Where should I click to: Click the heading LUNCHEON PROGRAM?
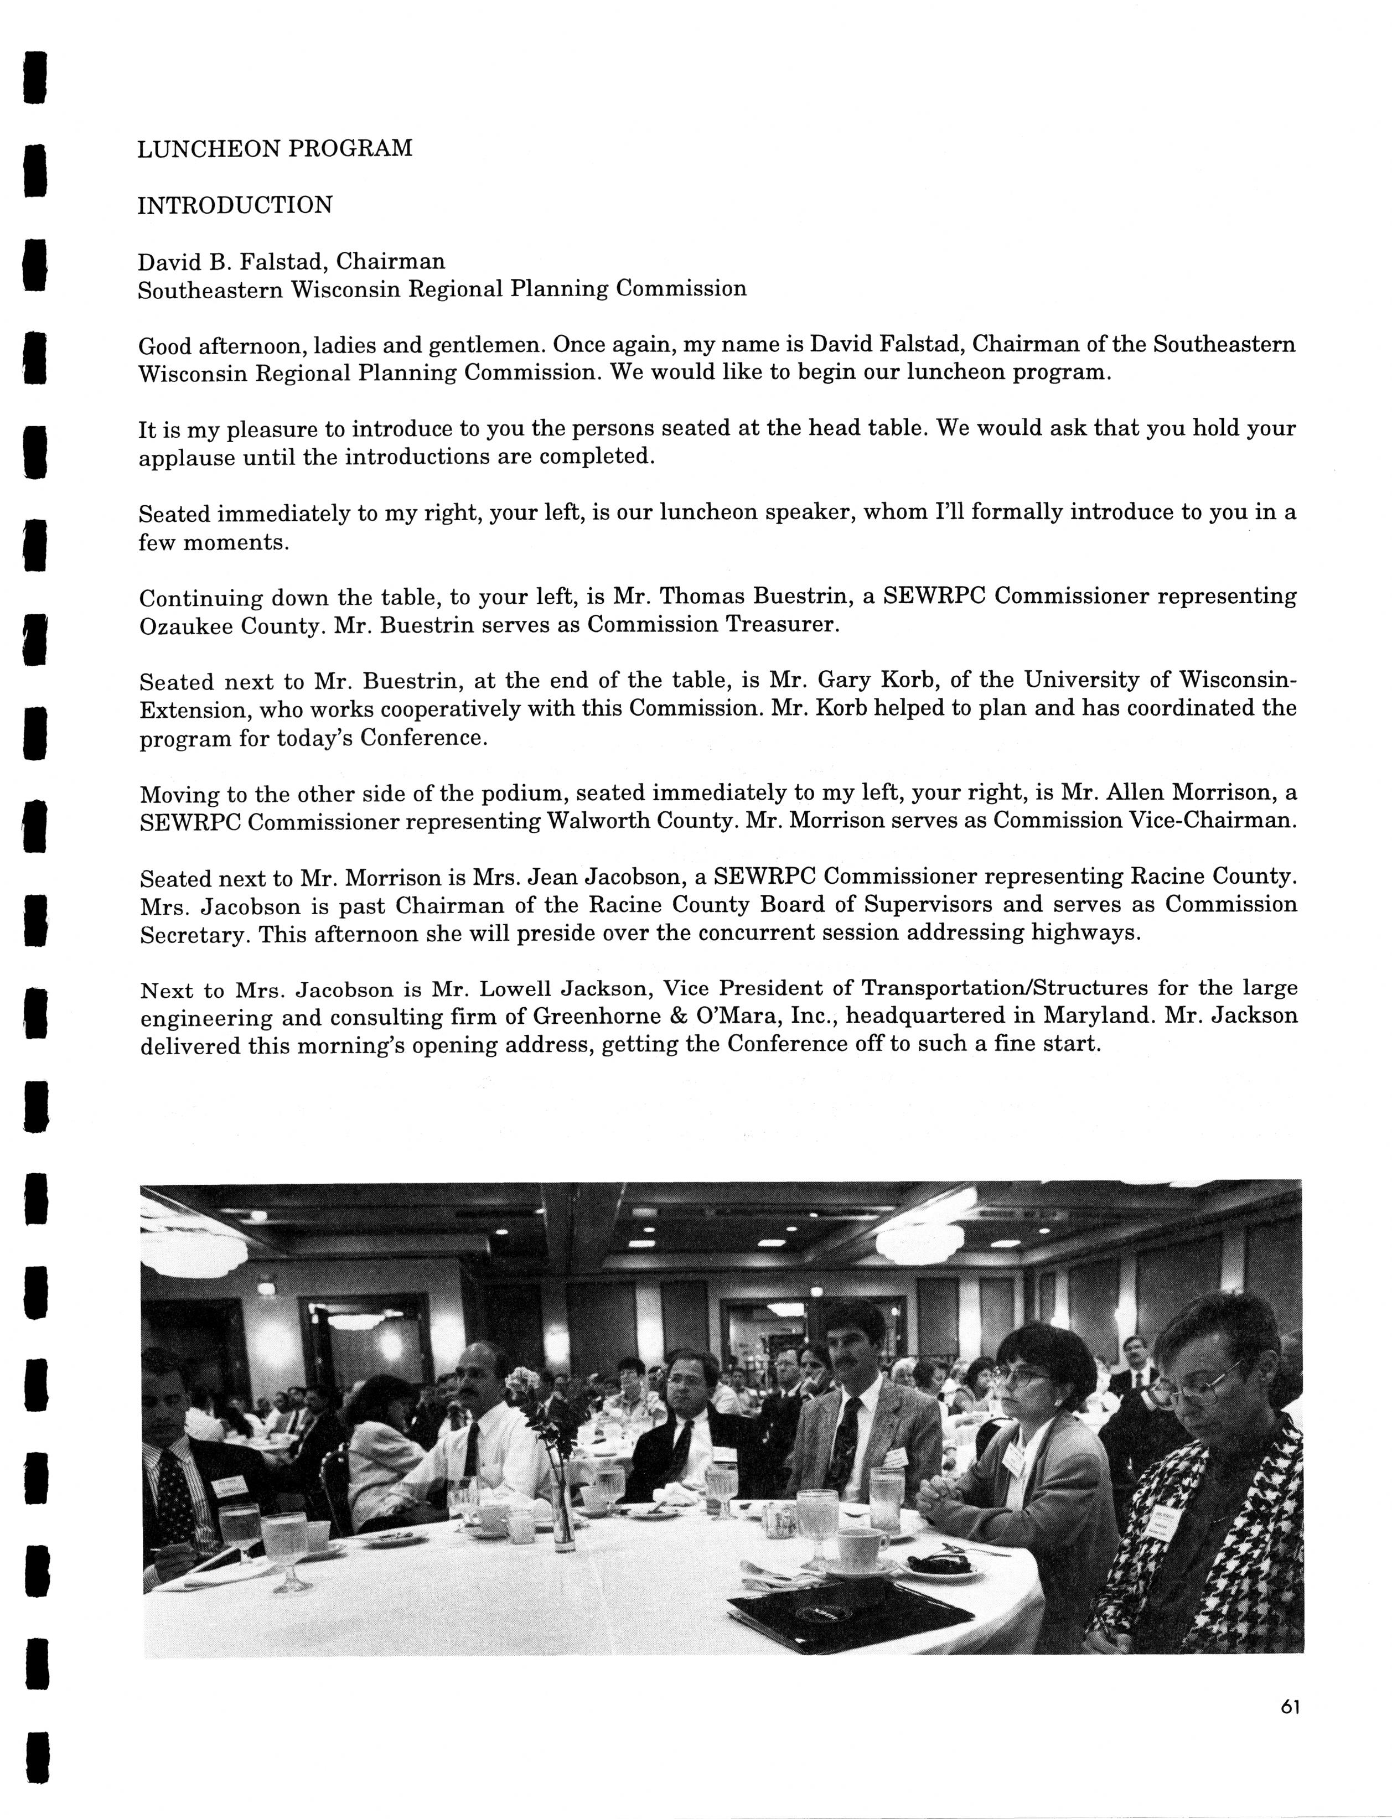click(x=275, y=149)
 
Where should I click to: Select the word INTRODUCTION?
click(x=235, y=205)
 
